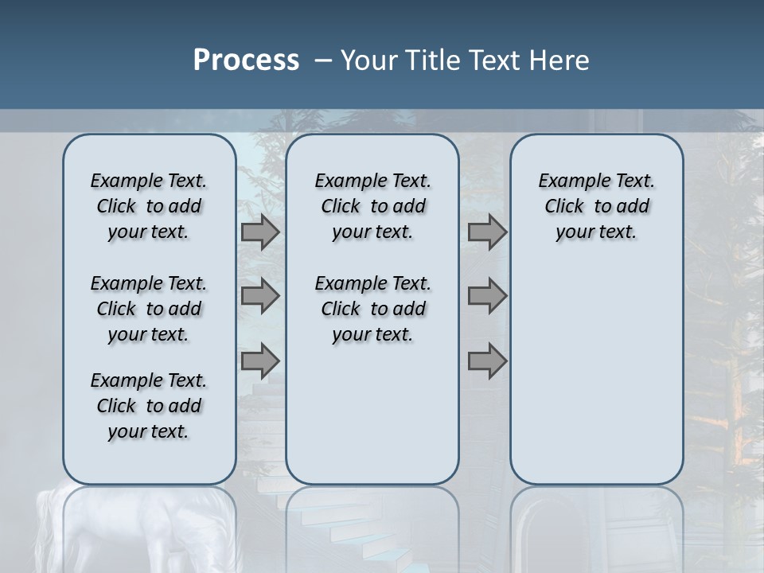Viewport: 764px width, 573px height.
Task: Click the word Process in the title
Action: pyautogui.click(x=246, y=60)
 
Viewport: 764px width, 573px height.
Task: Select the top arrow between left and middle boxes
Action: pyautogui.click(x=260, y=232)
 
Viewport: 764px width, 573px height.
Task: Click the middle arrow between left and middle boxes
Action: pyautogui.click(x=260, y=296)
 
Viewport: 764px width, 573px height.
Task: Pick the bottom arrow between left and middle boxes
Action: pyautogui.click(x=260, y=361)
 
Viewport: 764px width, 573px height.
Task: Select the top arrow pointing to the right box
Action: pyautogui.click(x=487, y=232)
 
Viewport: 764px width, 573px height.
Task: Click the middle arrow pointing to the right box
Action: pyautogui.click(x=487, y=296)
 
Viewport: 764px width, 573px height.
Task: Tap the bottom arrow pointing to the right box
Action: pyautogui.click(x=487, y=361)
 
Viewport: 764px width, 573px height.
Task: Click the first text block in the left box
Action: pyautogui.click(x=149, y=206)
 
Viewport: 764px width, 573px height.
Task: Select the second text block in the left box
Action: pyautogui.click(x=149, y=309)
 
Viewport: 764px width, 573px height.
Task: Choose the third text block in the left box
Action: pyautogui.click(x=149, y=406)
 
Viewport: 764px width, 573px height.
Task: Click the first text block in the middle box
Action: pyautogui.click(x=372, y=206)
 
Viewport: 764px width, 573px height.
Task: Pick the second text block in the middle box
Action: pyautogui.click(x=372, y=309)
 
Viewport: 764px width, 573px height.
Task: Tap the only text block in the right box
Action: pyautogui.click(x=596, y=206)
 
